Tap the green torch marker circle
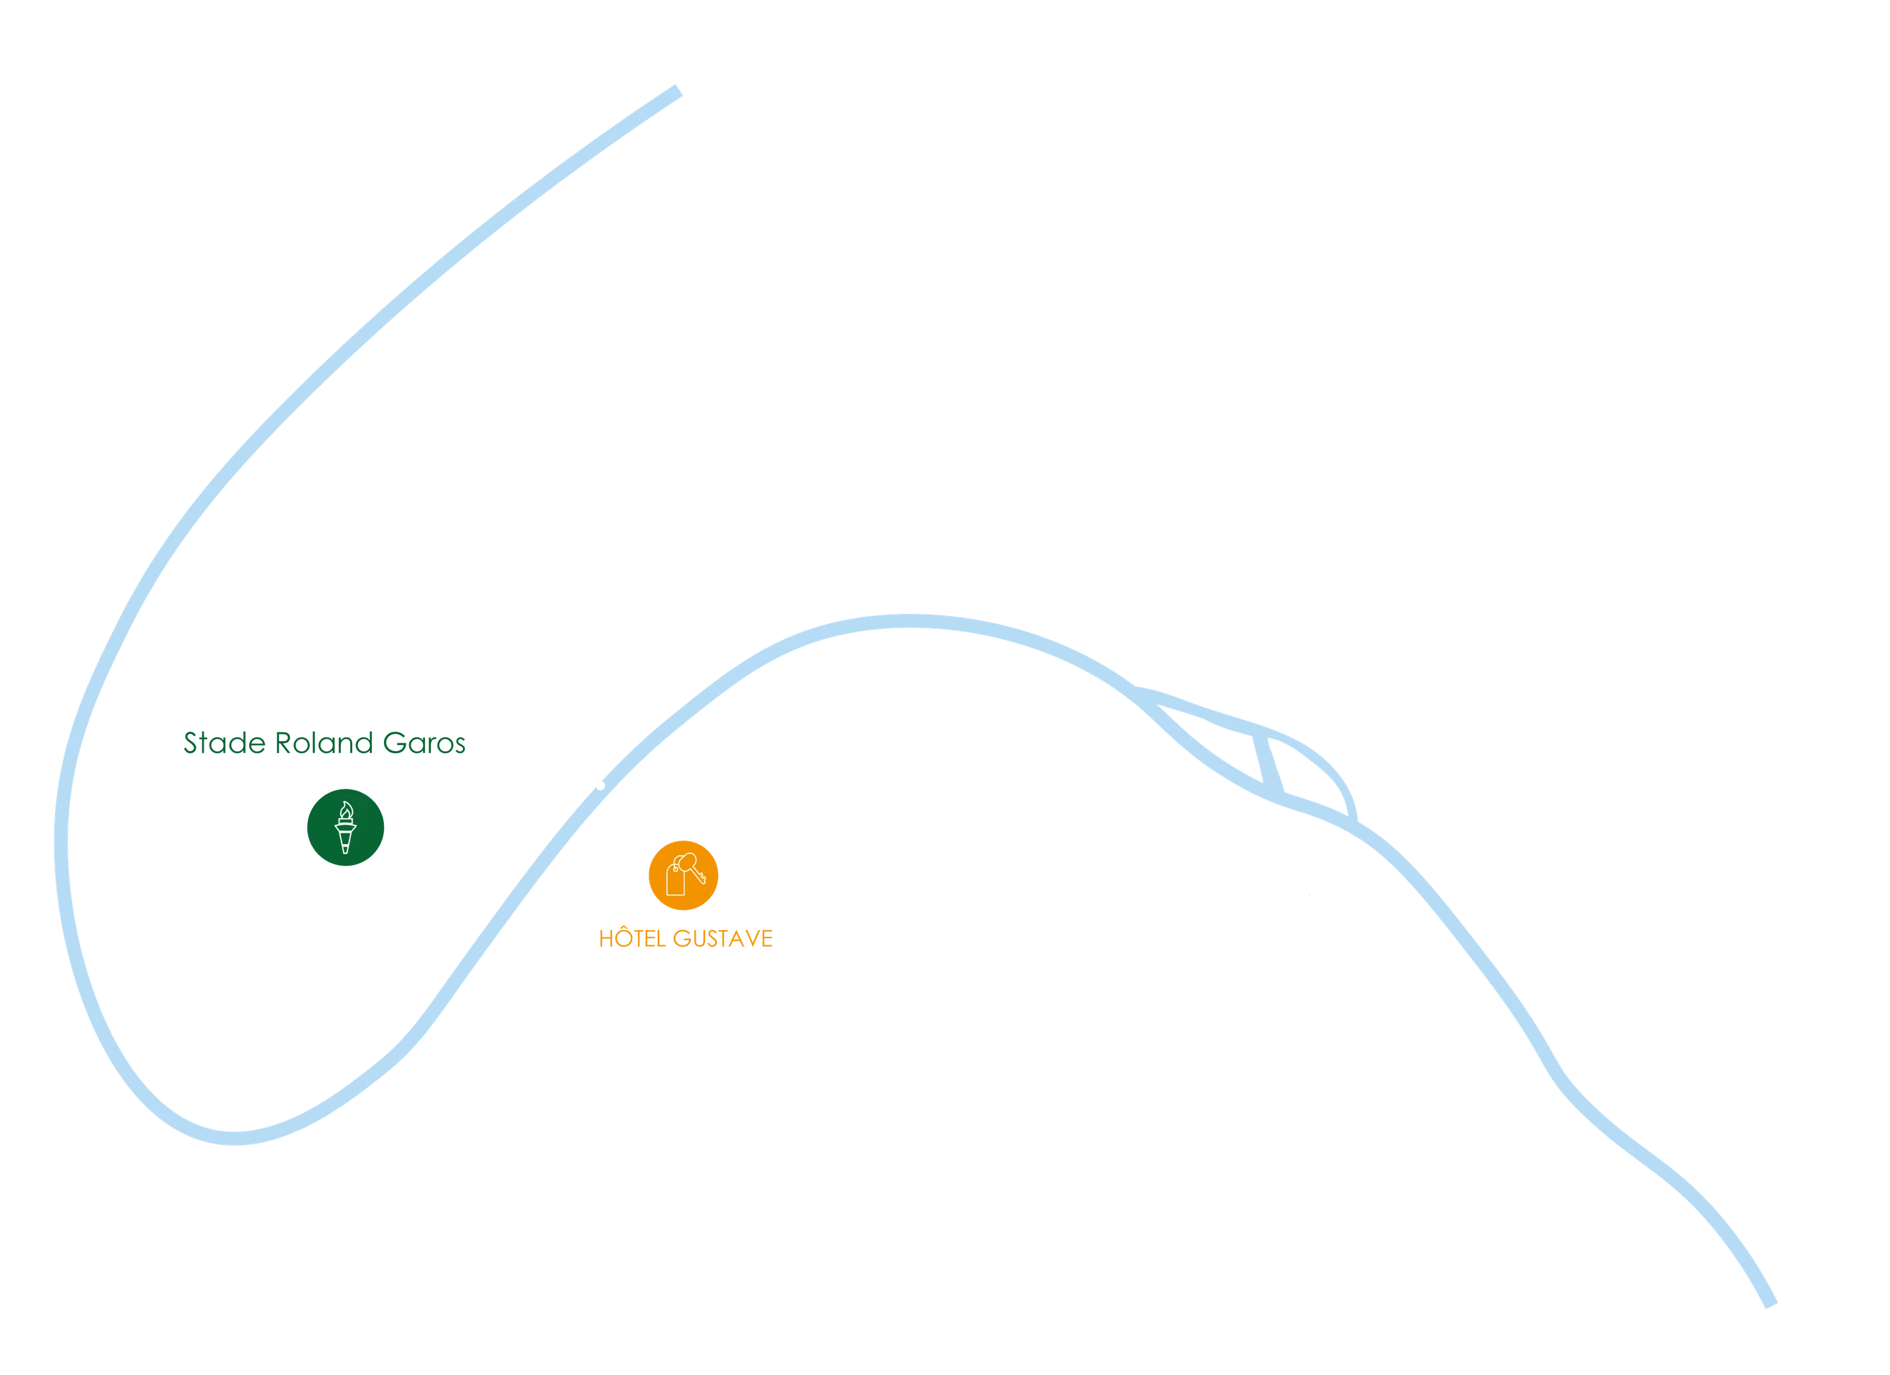345,827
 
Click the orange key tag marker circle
683,875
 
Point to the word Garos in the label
424,743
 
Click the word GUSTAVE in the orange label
722,938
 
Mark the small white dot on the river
601,786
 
